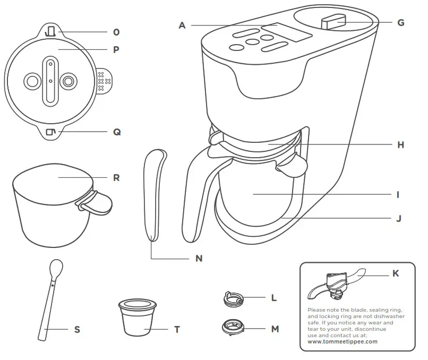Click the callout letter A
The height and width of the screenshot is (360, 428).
pos(182,24)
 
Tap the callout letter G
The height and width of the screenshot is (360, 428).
pos(400,22)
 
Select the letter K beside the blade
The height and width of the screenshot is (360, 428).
pos(395,273)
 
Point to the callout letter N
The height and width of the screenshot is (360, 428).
pos(199,259)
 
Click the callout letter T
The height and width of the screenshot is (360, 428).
pos(177,329)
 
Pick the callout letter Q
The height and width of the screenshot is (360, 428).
pos(117,132)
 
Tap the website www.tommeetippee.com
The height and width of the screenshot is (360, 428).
pos(343,341)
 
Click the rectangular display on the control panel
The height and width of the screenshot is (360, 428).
pos(294,32)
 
